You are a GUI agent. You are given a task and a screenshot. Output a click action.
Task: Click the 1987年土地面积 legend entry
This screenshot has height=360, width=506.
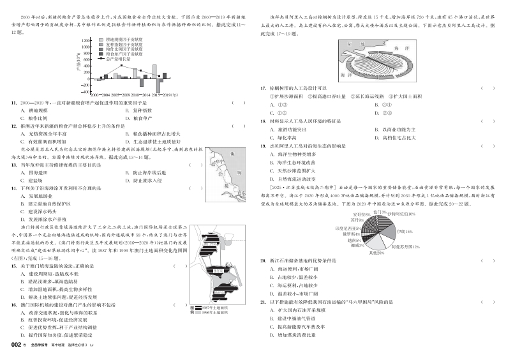pyautogui.click(x=209, y=307)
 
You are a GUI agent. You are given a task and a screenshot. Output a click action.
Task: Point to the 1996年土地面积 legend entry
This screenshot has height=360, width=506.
pyautogui.click(x=209, y=313)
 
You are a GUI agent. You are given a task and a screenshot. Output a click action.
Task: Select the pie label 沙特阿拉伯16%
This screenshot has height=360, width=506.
pyautogui.click(x=401, y=213)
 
